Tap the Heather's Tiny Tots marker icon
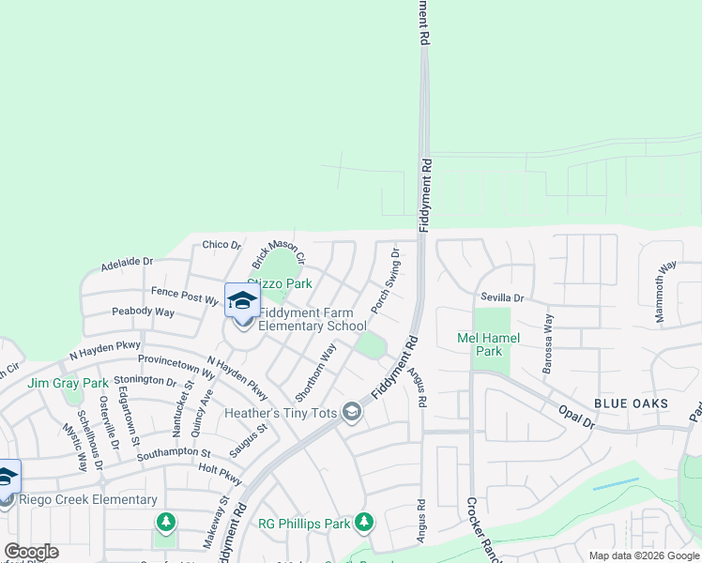351,413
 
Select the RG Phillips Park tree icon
363,522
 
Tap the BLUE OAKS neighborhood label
631,403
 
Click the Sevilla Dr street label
503,297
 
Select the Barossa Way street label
548,343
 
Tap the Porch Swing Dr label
386,281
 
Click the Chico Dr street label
221,245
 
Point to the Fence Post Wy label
185,296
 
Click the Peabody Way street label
143,312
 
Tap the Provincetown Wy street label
176,359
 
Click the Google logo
31,552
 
